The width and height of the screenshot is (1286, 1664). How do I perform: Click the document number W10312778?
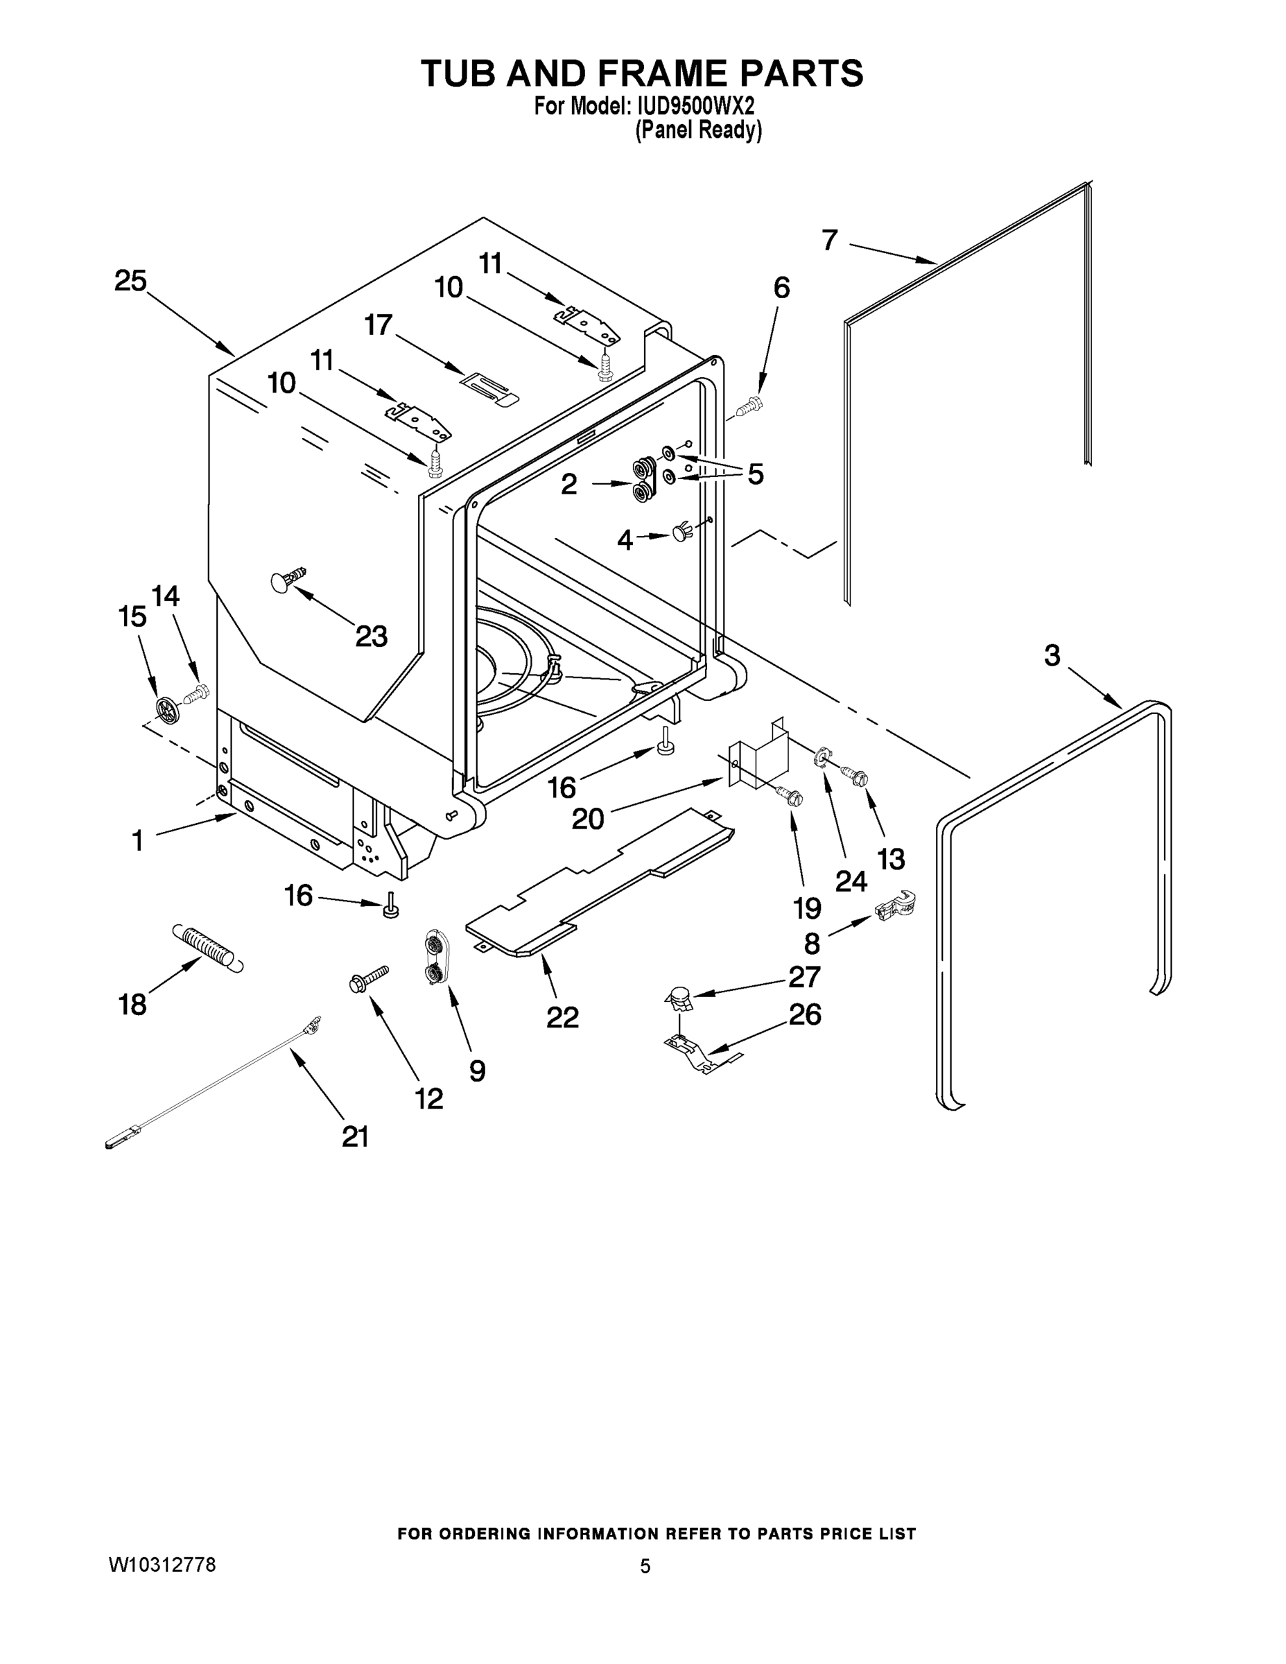(162, 1565)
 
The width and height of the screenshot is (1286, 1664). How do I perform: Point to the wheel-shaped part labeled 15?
(167, 709)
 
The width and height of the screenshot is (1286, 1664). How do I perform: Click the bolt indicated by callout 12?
(369, 978)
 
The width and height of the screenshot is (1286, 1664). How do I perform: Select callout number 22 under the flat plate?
(562, 1016)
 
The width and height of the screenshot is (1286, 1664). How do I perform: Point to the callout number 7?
(830, 240)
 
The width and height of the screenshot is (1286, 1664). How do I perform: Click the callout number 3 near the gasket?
(1052, 655)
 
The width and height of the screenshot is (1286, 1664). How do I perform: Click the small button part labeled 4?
(681, 532)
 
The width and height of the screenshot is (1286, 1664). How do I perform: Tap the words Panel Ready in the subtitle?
(698, 130)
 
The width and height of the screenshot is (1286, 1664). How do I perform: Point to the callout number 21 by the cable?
(355, 1136)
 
